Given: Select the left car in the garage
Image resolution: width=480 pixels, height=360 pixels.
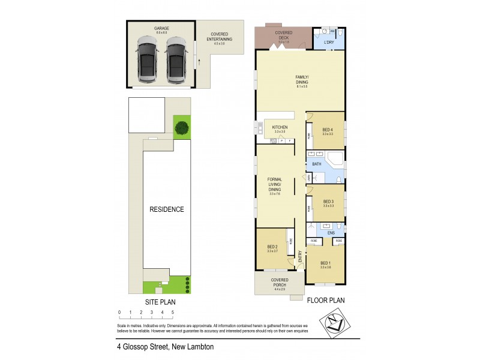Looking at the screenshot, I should pyautogui.click(x=147, y=58).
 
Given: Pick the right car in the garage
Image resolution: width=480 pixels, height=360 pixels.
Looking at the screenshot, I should pyautogui.click(x=176, y=58).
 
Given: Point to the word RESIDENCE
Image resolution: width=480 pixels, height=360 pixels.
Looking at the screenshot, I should pyautogui.click(x=167, y=209).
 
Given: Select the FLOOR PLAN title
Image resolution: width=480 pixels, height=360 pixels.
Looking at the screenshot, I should pyautogui.click(x=325, y=301).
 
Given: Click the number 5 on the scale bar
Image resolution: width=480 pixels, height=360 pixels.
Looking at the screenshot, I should pyautogui.click(x=173, y=313).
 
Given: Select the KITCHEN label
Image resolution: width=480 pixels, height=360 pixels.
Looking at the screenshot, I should pyautogui.click(x=280, y=128).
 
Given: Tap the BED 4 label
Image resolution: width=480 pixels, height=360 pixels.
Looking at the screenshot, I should pyautogui.click(x=327, y=130).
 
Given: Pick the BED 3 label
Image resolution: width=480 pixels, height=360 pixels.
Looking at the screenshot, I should pyautogui.click(x=328, y=202).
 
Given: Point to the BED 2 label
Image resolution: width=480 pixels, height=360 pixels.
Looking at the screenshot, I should pyautogui.click(x=272, y=247).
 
